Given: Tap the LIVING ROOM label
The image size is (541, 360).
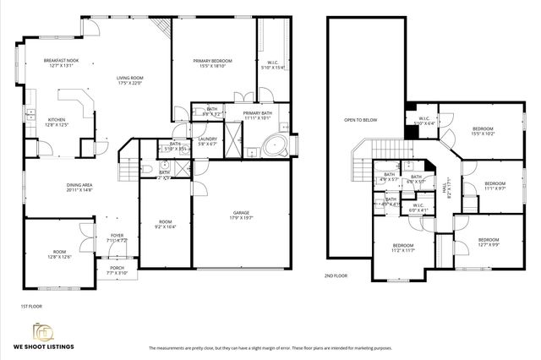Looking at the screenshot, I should tap(129, 78).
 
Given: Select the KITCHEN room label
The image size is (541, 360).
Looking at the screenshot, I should tap(57, 120).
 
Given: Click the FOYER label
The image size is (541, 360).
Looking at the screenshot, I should tap(117, 236).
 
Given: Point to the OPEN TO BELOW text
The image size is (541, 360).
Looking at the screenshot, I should tap(360, 120).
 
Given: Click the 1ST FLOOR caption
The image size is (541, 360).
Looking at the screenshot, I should tap(30, 306).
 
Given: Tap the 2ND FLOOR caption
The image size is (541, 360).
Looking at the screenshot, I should tap(336, 275).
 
